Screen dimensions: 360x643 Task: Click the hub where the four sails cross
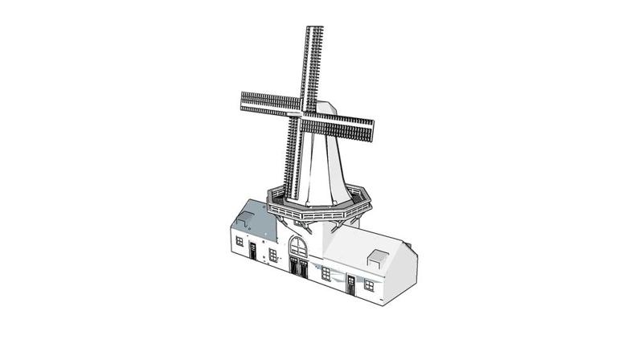pyautogui.click(x=303, y=114)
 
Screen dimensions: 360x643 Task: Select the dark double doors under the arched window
pyautogui.click(x=298, y=268)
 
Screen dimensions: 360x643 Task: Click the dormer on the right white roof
pyautogui.click(x=375, y=259)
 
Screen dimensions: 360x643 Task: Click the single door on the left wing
pyautogui.click(x=252, y=251)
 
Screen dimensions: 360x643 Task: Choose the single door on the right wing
pyautogui.click(x=351, y=284)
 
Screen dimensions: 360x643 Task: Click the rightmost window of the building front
pyautogui.click(x=369, y=285)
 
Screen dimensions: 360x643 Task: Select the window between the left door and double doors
pyautogui.click(x=272, y=256)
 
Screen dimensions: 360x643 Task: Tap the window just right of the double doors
pyautogui.click(x=326, y=273)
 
